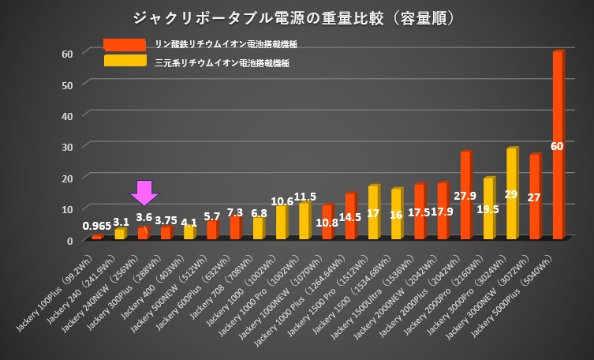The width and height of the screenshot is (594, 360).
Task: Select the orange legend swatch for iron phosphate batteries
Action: coord(124,45)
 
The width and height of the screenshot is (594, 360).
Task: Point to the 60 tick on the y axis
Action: coord(67,53)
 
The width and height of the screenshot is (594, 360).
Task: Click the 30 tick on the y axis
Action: coord(67,146)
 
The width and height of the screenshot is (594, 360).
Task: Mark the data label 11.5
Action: coord(304,197)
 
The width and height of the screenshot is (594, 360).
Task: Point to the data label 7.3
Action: coord(235,212)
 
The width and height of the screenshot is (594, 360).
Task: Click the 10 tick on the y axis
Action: coord(67,208)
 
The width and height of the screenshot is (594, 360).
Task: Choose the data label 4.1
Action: coord(190,222)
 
